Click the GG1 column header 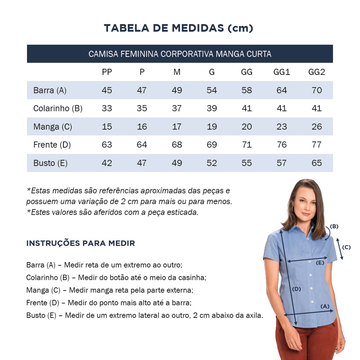click(282, 72)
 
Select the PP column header click(107, 72)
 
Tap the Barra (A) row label click(50, 90)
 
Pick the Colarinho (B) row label click(58, 108)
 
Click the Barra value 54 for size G click(212, 90)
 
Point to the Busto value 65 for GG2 click(317, 163)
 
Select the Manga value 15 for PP click(107, 127)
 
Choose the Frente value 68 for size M click(177, 145)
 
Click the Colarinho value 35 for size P click(142, 108)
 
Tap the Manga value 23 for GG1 click(282, 127)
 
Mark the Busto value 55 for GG click(247, 163)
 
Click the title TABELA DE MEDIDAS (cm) click(179, 28)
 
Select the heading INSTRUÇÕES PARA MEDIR click(81, 243)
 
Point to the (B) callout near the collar click(334, 226)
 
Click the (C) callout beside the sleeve click(346, 247)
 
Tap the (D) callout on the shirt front click(296, 289)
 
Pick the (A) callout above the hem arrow click(325, 306)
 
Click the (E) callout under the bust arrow click(320, 263)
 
